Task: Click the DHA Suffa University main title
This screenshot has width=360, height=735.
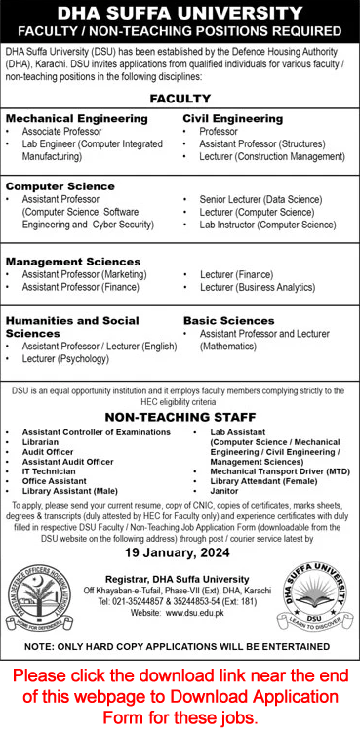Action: (180, 13)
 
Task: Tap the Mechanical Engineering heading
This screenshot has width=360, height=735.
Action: (77, 118)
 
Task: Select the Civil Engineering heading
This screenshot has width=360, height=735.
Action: (233, 118)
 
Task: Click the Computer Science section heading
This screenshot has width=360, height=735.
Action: (60, 185)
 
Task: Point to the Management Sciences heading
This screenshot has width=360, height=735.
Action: (73, 262)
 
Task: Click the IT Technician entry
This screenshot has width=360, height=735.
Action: (49, 470)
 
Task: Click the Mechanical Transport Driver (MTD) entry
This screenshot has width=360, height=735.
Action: (270, 470)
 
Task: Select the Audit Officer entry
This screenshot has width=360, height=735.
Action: (48, 450)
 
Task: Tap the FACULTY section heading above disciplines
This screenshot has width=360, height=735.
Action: (180, 99)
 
